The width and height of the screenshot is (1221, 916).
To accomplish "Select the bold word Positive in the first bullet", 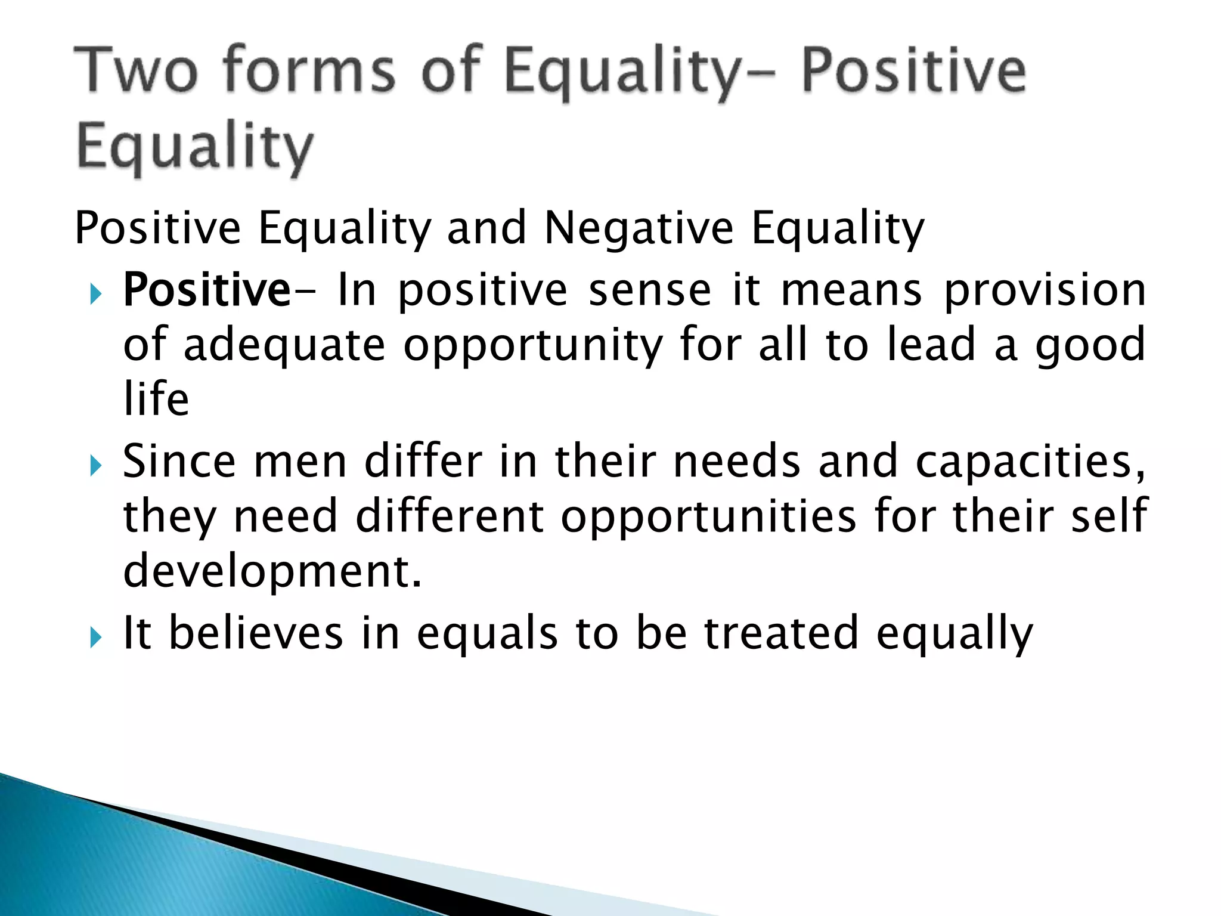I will pyautogui.click(x=207, y=290).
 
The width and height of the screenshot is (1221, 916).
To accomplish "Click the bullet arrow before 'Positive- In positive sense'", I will pyautogui.click(x=95, y=293).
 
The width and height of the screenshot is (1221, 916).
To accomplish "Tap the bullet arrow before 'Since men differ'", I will pyautogui.click(x=95, y=465).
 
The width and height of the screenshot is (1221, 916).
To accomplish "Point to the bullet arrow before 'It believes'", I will pyautogui.click(x=95, y=637).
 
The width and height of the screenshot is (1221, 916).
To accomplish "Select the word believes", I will pyautogui.click(x=256, y=632).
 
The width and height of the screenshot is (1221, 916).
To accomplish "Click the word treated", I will pyautogui.click(x=781, y=632).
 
